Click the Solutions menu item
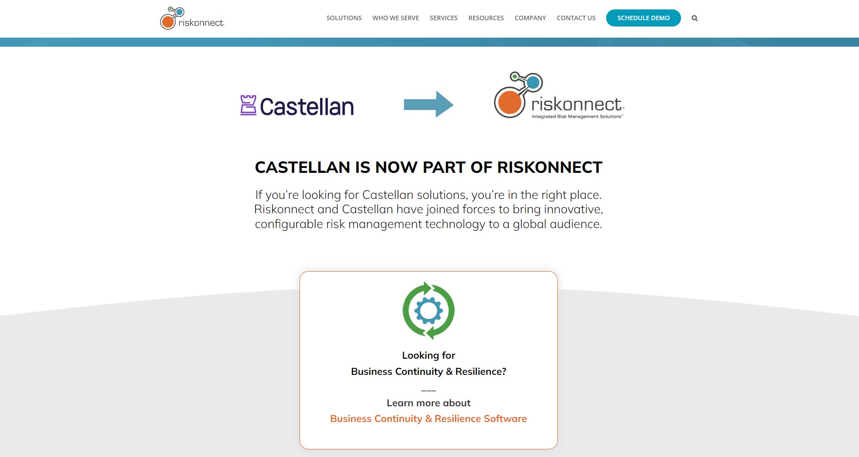(344, 18)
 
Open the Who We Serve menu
(395, 18)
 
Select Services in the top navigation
(443, 18)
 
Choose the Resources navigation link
(486, 18)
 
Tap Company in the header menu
(530, 18)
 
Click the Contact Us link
(576, 18)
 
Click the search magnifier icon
(694, 18)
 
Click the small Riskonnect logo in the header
(192, 18)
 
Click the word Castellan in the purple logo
(307, 107)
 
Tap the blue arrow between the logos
(428, 105)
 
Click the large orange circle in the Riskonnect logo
(510, 103)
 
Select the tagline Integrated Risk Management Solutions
(577, 117)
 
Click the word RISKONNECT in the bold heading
(550, 167)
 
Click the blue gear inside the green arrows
(429, 310)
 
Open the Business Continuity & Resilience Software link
(429, 419)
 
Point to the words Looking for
(429, 356)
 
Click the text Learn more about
(429, 403)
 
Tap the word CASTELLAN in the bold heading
(303, 167)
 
